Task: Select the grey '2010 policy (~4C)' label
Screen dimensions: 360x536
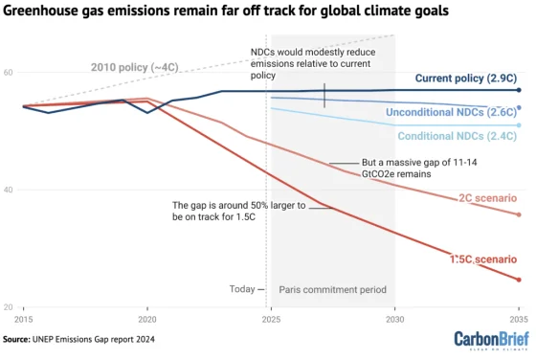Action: (134, 66)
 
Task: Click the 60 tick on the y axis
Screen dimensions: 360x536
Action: (8, 73)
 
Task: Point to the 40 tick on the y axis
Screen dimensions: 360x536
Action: (8, 190)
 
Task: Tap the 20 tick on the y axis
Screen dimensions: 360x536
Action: (8, 306)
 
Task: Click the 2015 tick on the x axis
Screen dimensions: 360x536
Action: (24, 318)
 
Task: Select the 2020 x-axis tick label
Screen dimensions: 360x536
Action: (147, 318)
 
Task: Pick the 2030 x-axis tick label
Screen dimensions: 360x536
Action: (394, 318)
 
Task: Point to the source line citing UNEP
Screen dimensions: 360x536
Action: (78, 339)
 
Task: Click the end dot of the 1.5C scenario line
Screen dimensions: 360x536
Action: (519, 280)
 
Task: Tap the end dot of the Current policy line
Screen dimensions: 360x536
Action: (519, 90)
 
